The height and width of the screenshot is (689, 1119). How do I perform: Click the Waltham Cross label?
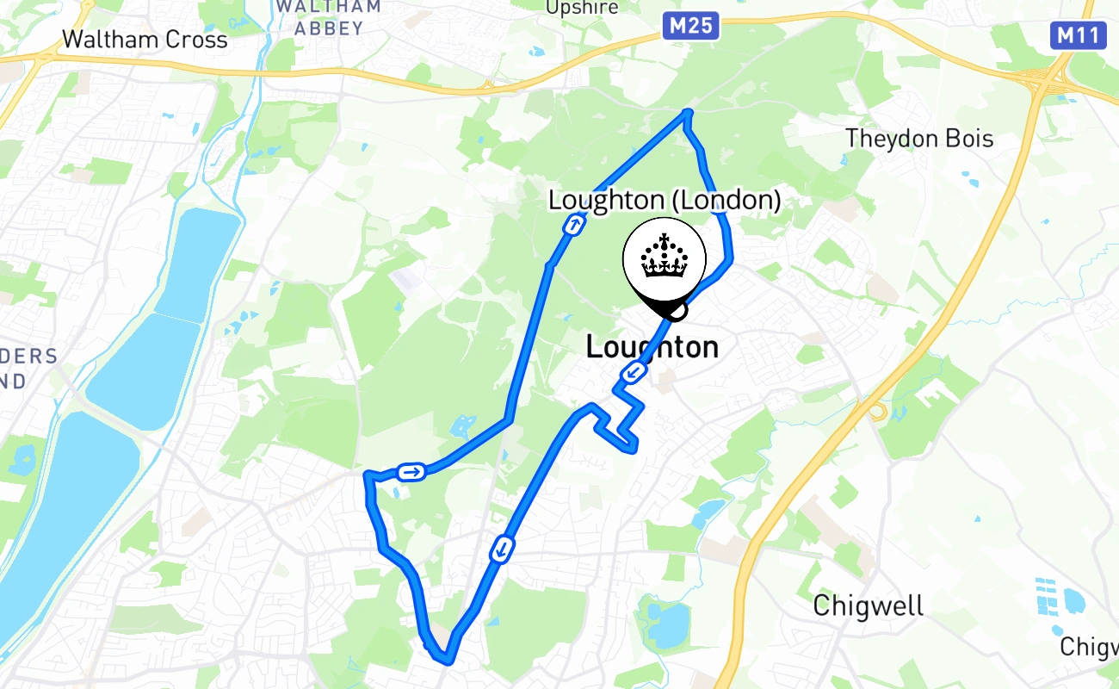(x=145, y=39)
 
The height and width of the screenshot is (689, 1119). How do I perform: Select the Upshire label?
(x=583, y=8)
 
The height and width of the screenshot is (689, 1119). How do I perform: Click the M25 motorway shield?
(x=690, y=26)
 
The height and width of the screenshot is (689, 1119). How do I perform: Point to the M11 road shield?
(x=1077, y=35)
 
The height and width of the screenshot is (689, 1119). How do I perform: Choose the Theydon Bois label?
(x=919, y=138)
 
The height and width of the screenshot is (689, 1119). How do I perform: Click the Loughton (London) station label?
(x=665, y=201)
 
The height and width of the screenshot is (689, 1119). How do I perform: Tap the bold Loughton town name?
(x=652, y=347)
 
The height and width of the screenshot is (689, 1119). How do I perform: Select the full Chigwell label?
(x=869, y=605)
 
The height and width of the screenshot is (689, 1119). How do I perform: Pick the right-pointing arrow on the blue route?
(x=411, y=471)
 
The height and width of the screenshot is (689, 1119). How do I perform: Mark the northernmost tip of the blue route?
(x=687, y=111)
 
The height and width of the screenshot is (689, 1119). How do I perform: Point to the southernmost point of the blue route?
(x=447, y=661)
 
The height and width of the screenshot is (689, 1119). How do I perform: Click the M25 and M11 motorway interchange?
(x=1043, y=78)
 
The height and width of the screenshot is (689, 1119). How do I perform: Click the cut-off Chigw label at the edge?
(x=1089, y=646)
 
